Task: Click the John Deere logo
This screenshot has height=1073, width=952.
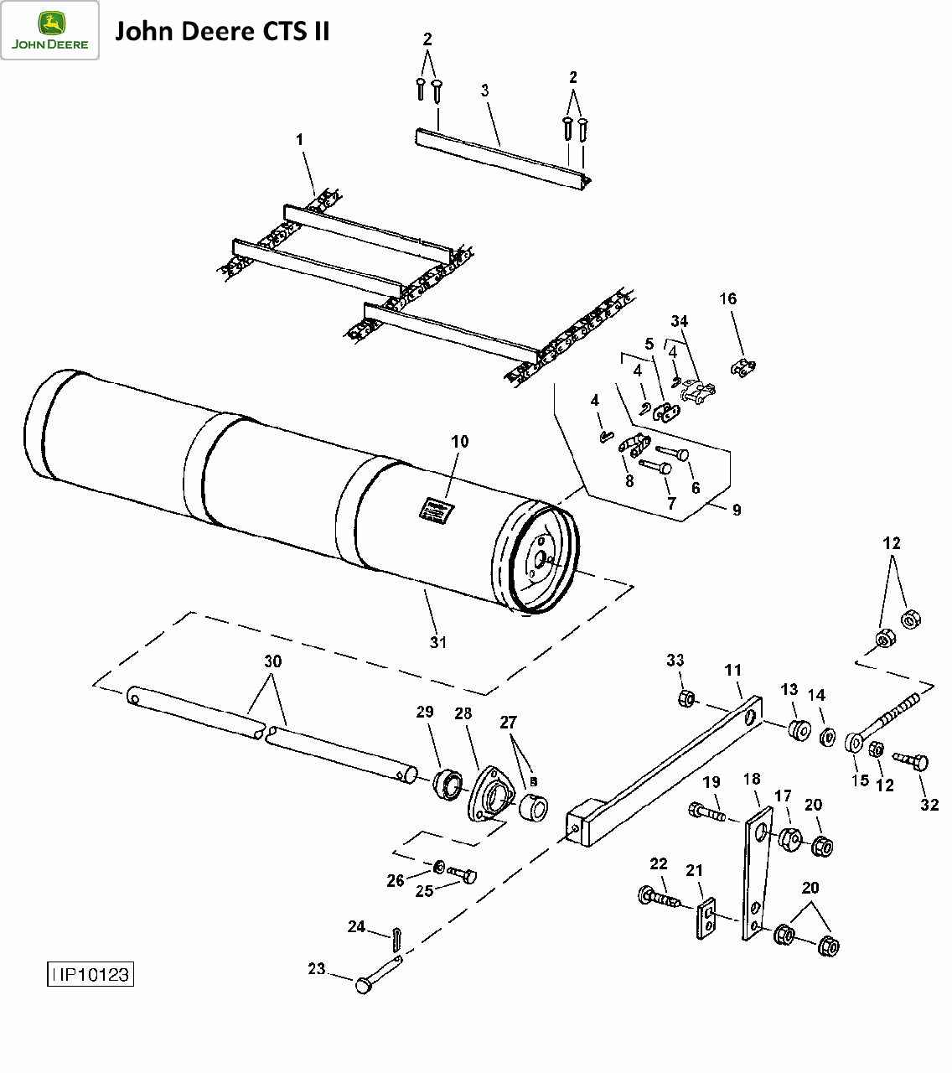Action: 49,30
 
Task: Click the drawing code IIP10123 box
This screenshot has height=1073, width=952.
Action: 90,974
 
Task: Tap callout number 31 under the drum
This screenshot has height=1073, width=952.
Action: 438,642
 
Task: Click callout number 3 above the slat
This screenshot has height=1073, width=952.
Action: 485,91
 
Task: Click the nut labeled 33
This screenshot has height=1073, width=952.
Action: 686,698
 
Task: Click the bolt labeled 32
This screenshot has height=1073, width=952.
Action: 911,761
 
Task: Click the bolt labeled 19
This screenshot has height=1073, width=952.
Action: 706,811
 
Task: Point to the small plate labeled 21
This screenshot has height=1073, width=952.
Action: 707,919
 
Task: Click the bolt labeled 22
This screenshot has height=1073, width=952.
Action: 658,898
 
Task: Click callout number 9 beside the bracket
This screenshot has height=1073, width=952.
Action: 737,510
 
